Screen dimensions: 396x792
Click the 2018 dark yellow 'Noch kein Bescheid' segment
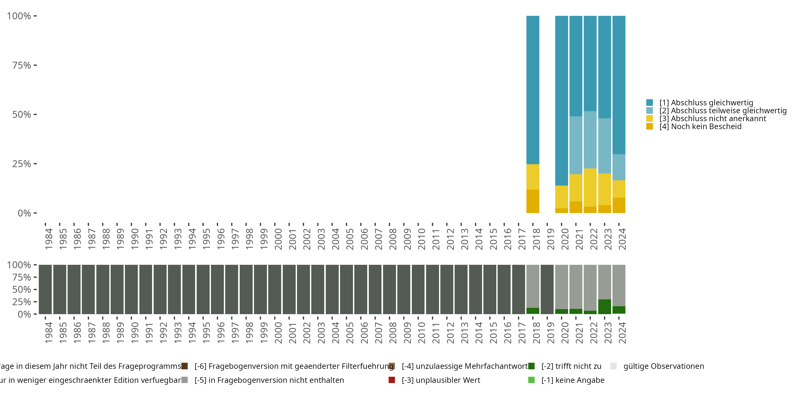pyautogui.click(x=532, y=201)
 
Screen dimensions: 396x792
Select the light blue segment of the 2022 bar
pyautogui.click(x=590, y=140)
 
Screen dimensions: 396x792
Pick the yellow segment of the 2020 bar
pyautogui.click(x=562, y=197)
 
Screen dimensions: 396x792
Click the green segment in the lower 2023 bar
pyautogui.click(x=605, y=307)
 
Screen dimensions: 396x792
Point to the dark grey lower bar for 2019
pyautogui.click(x=547, y=289)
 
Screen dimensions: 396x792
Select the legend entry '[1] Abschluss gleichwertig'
pyautogui.click(x=706, y=103)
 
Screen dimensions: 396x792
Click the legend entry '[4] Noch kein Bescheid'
pyautogui.click(x=700, y=127)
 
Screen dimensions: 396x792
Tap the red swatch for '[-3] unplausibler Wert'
pyautogui.click(x=392, y=380)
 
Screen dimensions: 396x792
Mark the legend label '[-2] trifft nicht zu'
pyautogui.click(x=571, y=366)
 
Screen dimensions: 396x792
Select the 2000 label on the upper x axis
pyautogui.click(x=278, y=239)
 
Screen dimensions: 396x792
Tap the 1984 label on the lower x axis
pyautogui.click(x=49, y=333)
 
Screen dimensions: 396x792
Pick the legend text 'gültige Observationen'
pyautogui.click(x=663, y=366)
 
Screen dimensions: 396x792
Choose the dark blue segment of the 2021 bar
pyautogui.click(x=576, y=66)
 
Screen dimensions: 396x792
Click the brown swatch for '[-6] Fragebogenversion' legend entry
pyautogui.click(x=185, y=366)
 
